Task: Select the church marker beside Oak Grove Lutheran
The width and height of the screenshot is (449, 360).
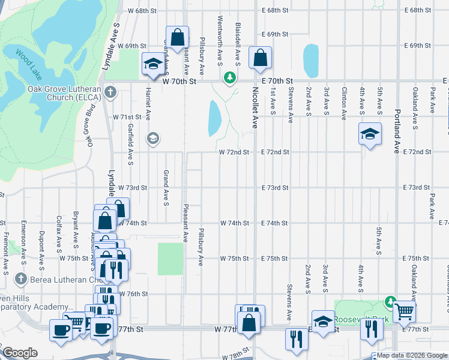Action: click(109, 92)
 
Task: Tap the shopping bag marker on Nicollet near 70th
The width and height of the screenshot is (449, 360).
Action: click(261, 59)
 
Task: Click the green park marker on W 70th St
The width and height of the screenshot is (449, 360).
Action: click(229, 77)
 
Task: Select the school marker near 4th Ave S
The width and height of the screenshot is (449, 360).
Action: click(370, 135)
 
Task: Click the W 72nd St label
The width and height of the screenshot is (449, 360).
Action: click(234, 152)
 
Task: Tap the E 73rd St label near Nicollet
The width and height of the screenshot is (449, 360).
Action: click(276, 188)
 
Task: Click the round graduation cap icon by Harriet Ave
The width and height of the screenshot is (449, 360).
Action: click(152, 139)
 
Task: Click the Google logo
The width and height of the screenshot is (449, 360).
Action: click(20, 353)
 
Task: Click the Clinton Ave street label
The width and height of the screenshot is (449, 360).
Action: click(344, 104)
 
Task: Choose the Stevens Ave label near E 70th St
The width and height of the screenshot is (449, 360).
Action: click(290, 106)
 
